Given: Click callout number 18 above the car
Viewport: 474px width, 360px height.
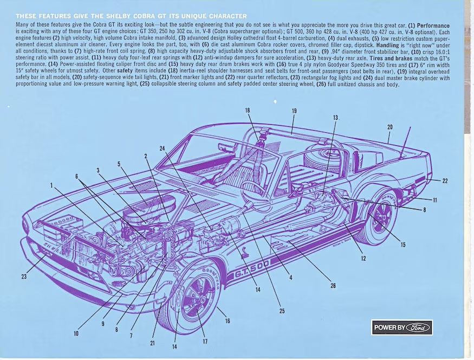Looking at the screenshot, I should point(248,110).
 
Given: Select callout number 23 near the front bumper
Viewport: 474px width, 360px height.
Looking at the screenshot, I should point(24,277).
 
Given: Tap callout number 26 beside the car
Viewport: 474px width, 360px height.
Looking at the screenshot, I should point(333,286).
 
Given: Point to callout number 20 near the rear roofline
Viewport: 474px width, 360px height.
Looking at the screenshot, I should point(389,127).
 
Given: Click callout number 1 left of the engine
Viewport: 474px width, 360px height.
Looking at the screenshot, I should point(52,185).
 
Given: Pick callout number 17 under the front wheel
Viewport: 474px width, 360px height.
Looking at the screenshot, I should point(205,341).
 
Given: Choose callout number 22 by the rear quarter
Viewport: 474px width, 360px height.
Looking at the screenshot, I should point(445,181).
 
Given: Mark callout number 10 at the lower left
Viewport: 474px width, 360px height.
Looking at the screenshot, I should point(76,333).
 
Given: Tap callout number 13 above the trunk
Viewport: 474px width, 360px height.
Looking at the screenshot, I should point(335,117).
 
